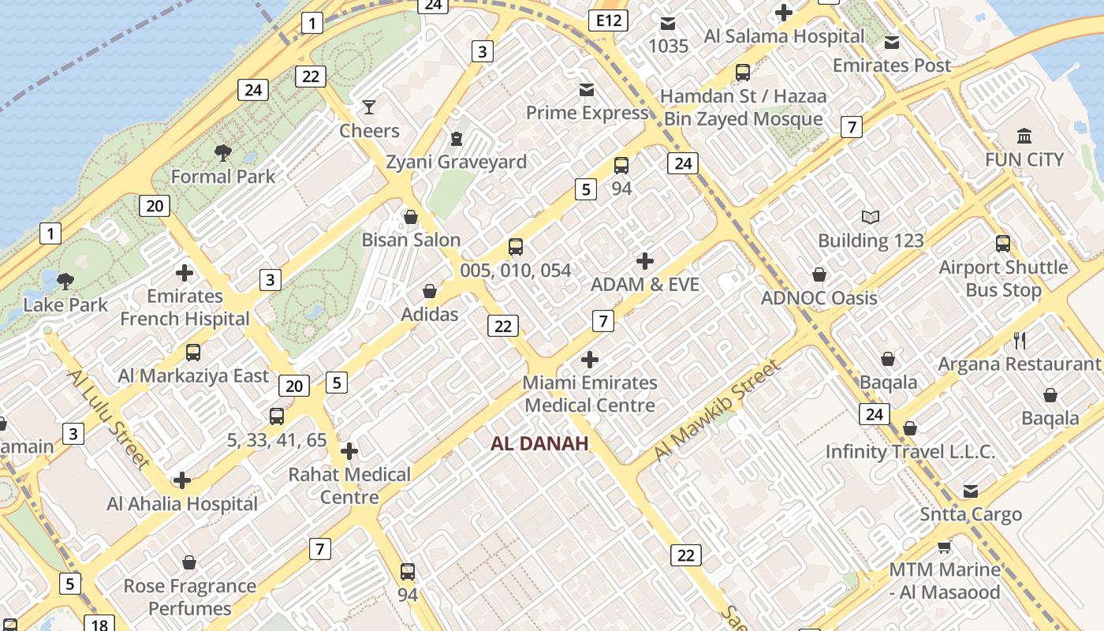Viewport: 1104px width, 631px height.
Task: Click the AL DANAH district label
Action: [539, 443]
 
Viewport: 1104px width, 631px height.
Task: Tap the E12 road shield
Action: [608, 21]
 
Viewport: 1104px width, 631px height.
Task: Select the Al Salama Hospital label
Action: [784, 36]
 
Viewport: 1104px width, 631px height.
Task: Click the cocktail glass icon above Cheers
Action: [368, 106]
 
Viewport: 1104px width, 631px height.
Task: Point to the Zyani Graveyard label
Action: [456, 162]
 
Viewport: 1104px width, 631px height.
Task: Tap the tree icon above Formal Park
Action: [223, 152]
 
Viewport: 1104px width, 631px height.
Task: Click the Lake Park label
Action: [65, 304]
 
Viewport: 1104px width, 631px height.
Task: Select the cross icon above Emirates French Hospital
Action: [185, 273]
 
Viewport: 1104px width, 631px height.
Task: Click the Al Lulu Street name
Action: [109, 417]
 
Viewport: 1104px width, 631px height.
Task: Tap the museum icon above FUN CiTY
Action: [1024, 136]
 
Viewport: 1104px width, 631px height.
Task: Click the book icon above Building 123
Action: [871, 217]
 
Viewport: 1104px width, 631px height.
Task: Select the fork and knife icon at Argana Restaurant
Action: [1020, 341]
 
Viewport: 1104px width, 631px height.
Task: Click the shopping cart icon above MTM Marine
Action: [944, 547]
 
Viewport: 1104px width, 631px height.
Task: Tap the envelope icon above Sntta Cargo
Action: [971, 491]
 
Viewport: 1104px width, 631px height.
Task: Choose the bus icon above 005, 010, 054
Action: [516, 247]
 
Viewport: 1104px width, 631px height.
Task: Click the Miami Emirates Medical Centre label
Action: [590, 394]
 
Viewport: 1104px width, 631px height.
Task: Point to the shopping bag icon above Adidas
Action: [430, 292]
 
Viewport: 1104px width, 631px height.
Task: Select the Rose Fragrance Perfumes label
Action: [190, 597]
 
